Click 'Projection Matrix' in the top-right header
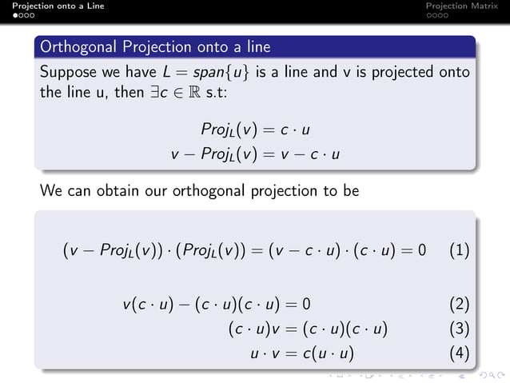pyautogui.click(x=463, y=6)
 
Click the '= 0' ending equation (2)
pyautogui.click(x=297, y=305)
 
